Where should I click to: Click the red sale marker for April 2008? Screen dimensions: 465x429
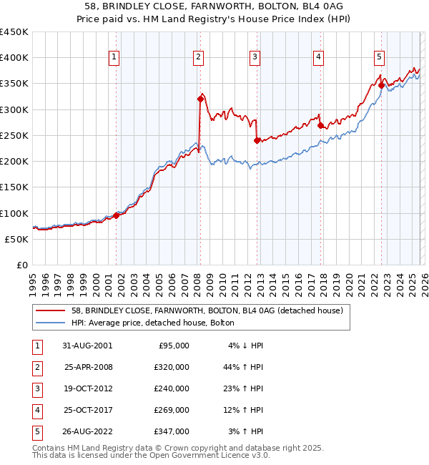[x=200, y=99]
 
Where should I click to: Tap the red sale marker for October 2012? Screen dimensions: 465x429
[x=257, y=140]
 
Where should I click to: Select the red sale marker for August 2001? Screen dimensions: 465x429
[x=117, y=215]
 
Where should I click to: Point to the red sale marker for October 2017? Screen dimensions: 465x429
[x=320, y=125]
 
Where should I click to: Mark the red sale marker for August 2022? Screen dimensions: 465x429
[x=381, y=85]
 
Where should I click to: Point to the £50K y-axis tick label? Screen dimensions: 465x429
[x=17, y=239]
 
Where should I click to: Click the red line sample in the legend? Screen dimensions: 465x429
[x=51, y=310]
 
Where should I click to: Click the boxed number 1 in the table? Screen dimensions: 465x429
[x=36, y=345]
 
